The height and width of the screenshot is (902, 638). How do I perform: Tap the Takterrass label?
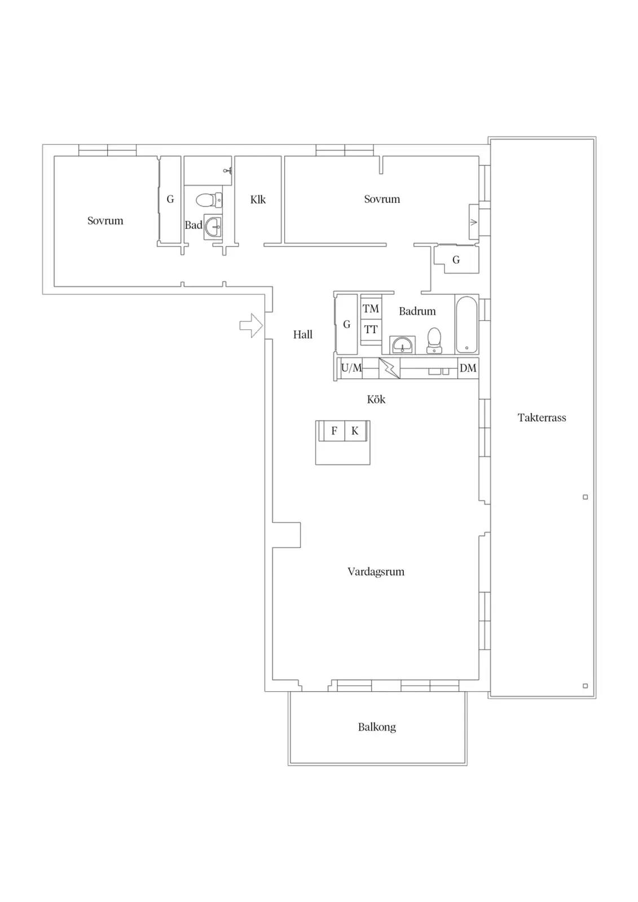(542, 418)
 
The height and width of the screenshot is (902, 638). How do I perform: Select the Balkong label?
(377, 727)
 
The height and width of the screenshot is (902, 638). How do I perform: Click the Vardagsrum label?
(376, 572)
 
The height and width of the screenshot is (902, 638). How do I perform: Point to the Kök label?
(376, 399)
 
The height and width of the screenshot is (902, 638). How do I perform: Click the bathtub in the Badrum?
(467, 325)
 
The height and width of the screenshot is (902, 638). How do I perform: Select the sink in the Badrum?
(402, 345)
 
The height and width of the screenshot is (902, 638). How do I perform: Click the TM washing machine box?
(371, 308)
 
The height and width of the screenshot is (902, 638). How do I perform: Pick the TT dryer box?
(371, 330)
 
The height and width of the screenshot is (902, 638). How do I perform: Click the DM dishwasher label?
(468, 368)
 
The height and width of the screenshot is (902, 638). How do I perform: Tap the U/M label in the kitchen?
(351, 368)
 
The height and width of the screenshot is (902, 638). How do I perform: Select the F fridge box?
(334, 431)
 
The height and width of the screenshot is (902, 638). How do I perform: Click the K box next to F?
(355, 431)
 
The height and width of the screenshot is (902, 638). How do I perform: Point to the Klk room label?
(258, 200)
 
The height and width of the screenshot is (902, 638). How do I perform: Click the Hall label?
(303, 335)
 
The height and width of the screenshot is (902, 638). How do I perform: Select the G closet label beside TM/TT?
(346, 324)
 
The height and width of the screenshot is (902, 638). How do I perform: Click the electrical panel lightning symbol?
(389, 368)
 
